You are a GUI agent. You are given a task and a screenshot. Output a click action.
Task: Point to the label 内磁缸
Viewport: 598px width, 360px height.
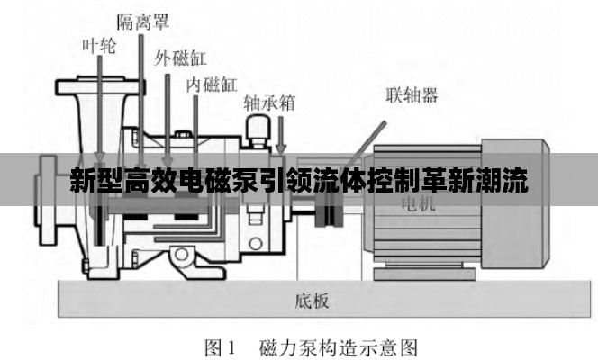point(212,85)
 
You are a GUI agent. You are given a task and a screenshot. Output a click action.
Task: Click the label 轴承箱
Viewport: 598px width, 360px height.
point(269,103)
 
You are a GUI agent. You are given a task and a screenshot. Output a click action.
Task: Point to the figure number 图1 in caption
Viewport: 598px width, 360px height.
point(221,346)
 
